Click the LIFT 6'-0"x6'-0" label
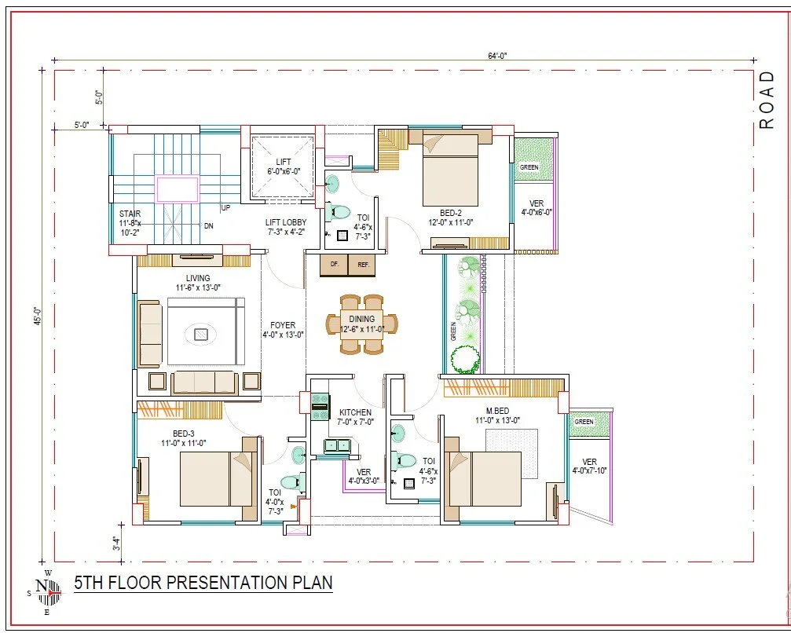pos(284,166)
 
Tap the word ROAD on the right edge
pos(767,100)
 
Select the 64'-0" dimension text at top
pos(497,56)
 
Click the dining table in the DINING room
pos(361,324)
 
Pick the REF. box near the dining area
pos(362,265)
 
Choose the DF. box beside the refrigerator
pos(334,265)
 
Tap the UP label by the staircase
pos(225,208)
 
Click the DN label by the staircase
pos(208,226)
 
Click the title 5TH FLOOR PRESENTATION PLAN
pos(203,583)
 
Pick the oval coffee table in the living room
pos(201,334)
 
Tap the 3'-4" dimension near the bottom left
pos(117,543)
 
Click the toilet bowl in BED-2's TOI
pos(338,211)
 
